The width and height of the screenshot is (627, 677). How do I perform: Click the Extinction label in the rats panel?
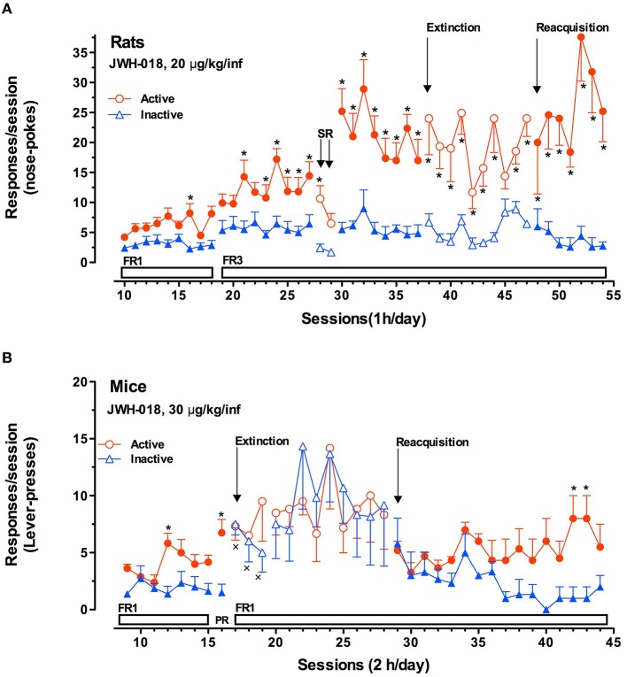click(x=453, y=27)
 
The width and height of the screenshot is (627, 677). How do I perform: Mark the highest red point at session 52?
click(x=581, y=37)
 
